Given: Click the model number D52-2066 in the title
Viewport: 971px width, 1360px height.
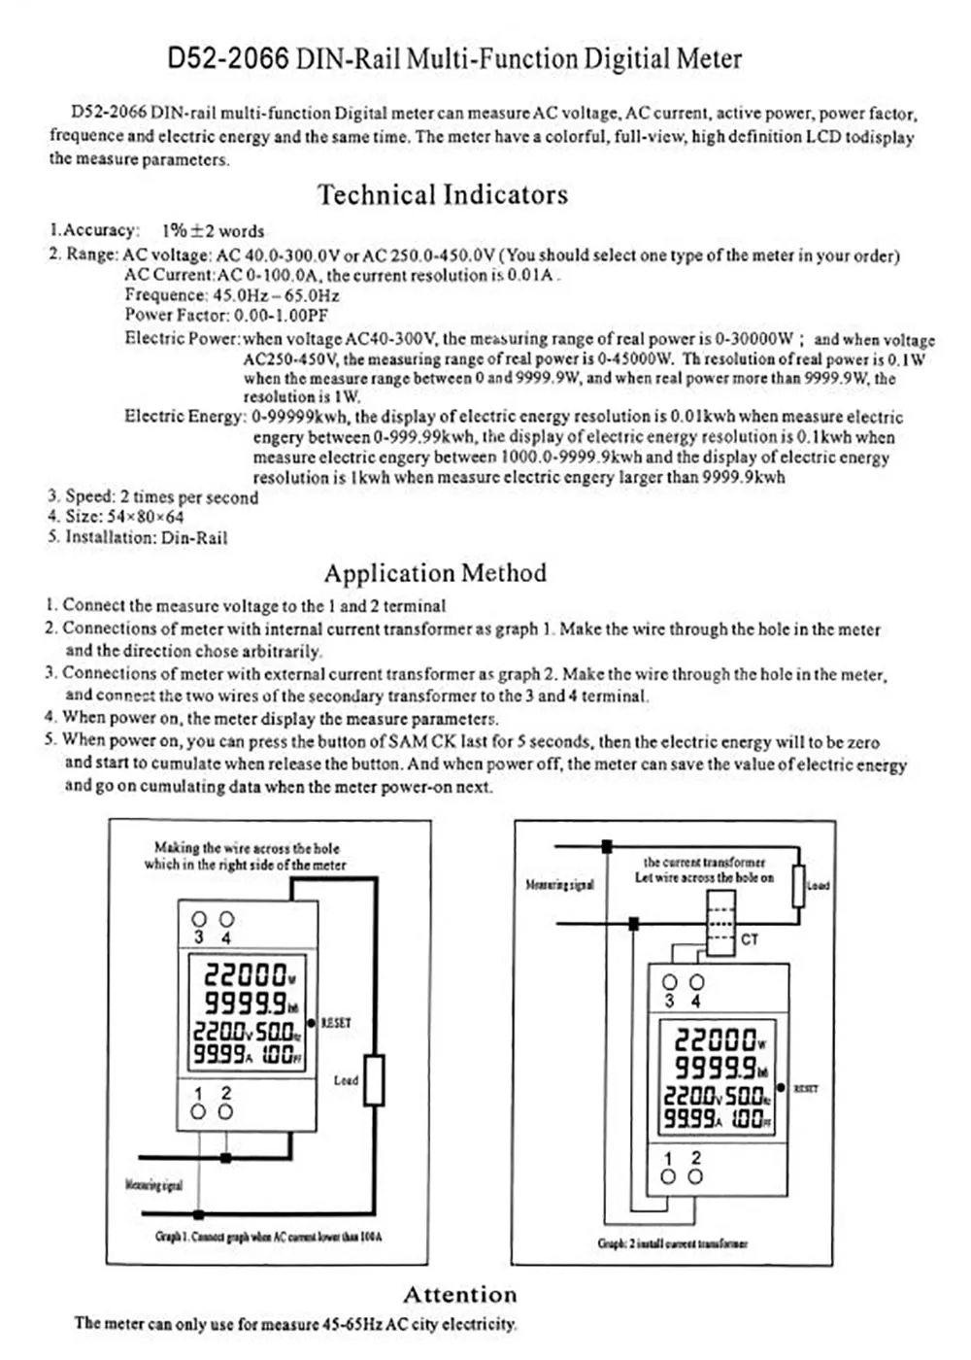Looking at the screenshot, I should [x=228, y=59].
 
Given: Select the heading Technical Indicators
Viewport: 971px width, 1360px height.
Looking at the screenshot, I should [x=443, y=194].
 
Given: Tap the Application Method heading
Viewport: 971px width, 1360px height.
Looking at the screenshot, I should [x=435, y=573].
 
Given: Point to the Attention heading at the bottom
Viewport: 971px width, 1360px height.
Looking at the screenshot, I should [x=460, y=1295].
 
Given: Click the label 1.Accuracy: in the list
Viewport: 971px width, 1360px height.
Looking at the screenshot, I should [x=94, y=230].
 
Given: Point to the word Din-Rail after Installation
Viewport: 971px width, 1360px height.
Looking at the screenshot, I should [x=194, y=537].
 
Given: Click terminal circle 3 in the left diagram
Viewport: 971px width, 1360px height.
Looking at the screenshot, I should [x=199, y=919].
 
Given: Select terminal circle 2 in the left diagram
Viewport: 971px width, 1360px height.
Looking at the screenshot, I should [x=225, y=1111].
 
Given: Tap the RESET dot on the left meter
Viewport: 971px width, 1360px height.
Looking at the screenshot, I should [x=312, y=1023].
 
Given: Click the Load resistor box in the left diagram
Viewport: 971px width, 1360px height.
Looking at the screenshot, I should [x=374, y=1079].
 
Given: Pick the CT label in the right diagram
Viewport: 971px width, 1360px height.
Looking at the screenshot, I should [x=750, y=939].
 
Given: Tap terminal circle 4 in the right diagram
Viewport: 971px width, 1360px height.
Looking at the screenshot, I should [x=696, y=982].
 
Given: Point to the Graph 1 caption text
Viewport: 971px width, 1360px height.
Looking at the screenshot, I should [x=268, y=1238].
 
